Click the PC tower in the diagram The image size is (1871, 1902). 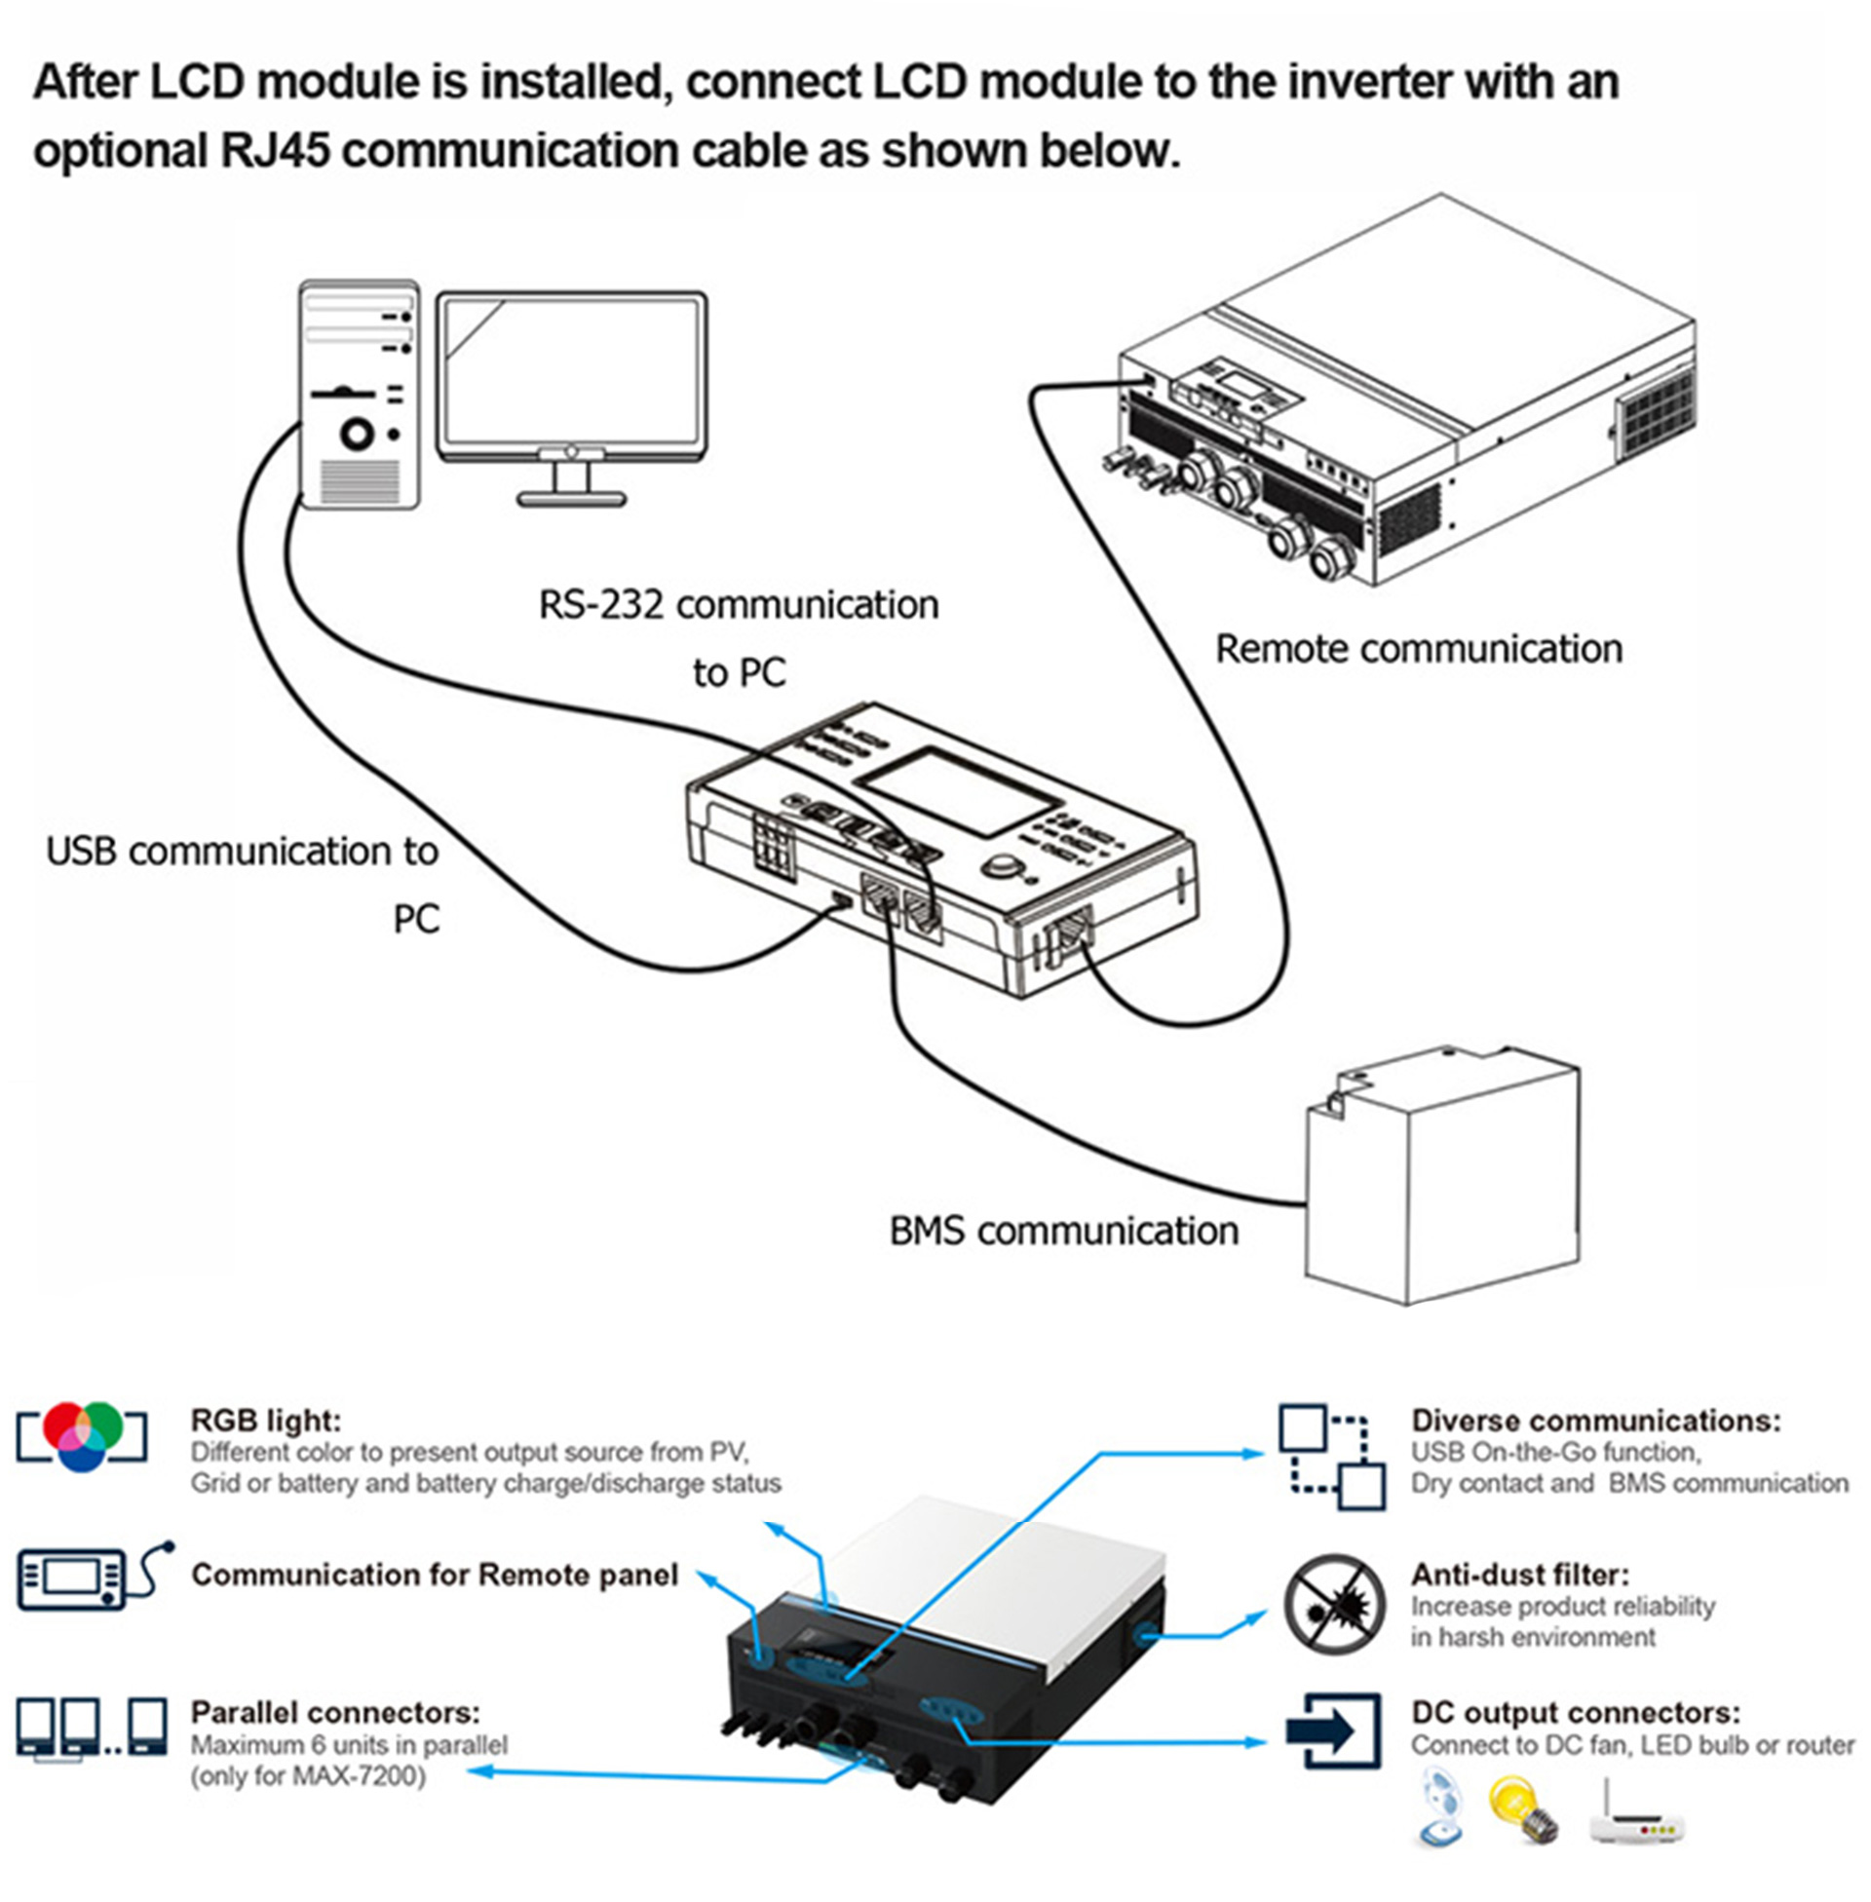click(360, 393)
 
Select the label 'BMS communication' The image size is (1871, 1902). click(1063, 1231)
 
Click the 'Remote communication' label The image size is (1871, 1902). click(1418, 649)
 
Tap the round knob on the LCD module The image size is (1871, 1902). click(1002, 867)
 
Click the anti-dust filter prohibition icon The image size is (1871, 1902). click(1331, 1603)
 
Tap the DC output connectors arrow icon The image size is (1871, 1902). click(1333, 1731)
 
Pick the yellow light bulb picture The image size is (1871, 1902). click(1523, 1808)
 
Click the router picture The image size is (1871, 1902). click(1636, 1816)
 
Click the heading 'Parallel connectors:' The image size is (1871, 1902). click(335, 1712)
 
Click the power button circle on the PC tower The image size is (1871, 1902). click(356, 434)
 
